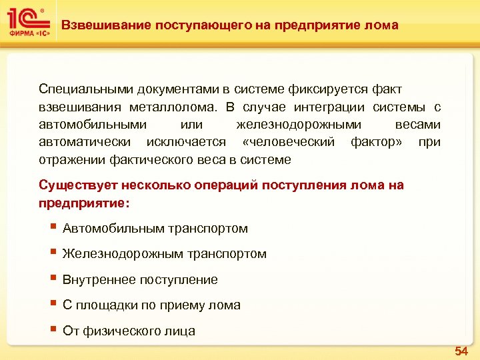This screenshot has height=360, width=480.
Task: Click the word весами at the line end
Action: point(418,125)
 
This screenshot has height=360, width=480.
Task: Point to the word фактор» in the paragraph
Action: point(374,142)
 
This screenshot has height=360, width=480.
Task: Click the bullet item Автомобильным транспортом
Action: point(155,229)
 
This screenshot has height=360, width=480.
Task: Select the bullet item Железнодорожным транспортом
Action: point(164,254)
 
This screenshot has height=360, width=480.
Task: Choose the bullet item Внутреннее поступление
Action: point(140,280)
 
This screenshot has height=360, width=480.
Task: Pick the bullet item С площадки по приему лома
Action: point(151,305)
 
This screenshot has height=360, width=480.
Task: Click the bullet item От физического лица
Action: point(129,331)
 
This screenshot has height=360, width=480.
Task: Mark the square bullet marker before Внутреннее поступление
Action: point(53,278)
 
